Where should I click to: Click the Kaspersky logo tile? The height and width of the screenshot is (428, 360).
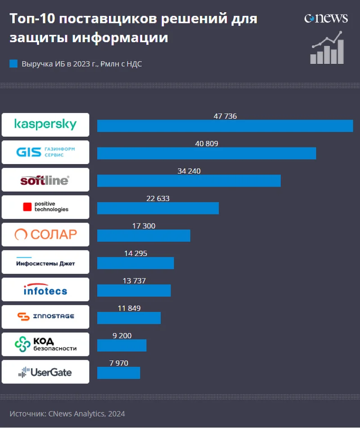45,125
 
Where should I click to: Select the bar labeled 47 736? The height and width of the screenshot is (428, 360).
225,126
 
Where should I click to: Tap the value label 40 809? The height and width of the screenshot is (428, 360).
207,144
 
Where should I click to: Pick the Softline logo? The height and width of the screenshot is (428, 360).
45,180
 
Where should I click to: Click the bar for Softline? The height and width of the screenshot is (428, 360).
189,181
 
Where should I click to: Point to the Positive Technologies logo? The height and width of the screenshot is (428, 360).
45,207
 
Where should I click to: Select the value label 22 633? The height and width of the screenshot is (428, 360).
158,199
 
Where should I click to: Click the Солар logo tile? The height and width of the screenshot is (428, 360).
45,235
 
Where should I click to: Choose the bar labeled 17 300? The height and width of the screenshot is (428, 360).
144,236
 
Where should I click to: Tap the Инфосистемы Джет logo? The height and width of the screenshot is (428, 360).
45,263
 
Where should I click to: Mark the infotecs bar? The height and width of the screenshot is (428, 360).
134,290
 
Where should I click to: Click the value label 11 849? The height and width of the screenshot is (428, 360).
129,308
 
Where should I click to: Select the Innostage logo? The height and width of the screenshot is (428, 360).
45,317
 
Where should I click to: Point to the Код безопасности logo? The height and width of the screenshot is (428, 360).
45,344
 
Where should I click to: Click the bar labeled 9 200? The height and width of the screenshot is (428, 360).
122,345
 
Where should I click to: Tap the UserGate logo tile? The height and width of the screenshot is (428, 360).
45,372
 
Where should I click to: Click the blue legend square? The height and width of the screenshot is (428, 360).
13,64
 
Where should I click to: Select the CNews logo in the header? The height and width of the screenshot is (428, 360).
326,18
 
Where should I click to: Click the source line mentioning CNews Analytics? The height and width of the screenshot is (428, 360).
67,414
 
